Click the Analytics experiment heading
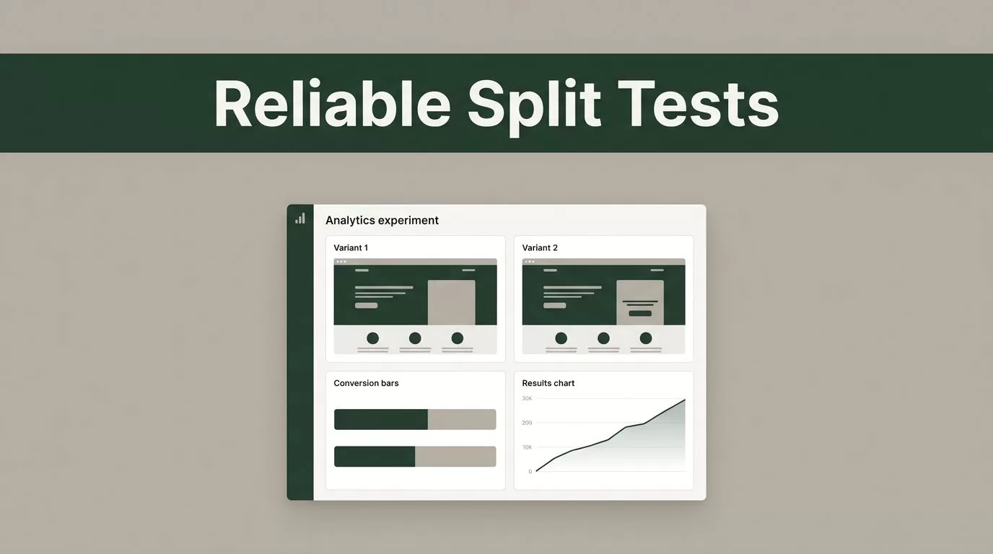[382, 220]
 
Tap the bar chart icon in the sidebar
[300, 218]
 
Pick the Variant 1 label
[351, 247]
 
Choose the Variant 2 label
[540, 247]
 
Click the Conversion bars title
[366, 383]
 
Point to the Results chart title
[548, 383]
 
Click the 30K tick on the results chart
[527, 398]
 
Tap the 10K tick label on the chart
[527, 447]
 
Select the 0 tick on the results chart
[530, 472]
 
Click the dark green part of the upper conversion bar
[381, 419]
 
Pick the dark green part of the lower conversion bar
[375, 457]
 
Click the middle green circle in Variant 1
[415, 338]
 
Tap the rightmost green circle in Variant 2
[645, 338]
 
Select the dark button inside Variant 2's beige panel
[640, 313]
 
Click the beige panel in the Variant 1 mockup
[451, 302]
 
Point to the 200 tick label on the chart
[527, 423]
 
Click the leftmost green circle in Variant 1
[373, 338]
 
